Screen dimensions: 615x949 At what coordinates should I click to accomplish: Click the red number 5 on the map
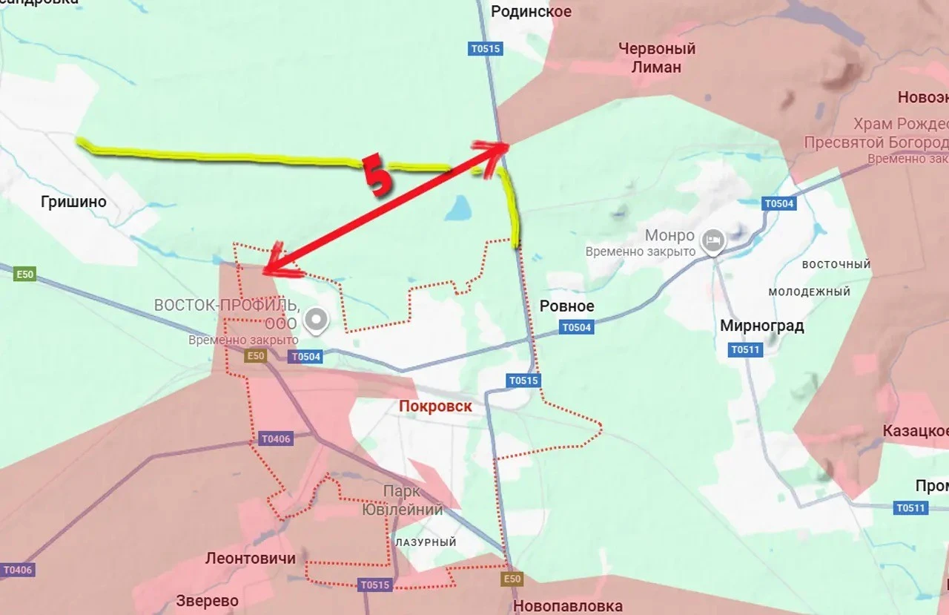click(377, 177)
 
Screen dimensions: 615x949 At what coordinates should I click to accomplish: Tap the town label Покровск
click(435, 407)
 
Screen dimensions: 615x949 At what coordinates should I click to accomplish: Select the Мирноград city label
click(761, 326)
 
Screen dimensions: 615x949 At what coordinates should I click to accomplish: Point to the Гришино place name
click(73, 202)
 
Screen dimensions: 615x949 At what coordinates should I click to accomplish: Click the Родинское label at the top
click(532, 11)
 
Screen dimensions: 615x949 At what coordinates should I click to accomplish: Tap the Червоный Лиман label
click(658, 58)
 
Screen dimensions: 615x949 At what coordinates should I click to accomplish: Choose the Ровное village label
click(566, 306)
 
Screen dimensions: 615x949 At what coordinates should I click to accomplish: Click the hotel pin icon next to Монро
click(713, 240)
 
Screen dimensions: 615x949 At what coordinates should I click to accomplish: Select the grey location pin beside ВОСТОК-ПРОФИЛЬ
click(317, 320)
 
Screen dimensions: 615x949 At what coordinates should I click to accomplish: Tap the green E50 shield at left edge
click(24, 274)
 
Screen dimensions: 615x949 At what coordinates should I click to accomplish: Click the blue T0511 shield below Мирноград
click(744, 349)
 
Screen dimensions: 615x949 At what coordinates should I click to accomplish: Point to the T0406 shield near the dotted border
click(276, 439)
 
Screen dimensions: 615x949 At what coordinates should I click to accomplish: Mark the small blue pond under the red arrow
click(457, 208)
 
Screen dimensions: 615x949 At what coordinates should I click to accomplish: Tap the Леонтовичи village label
click(250, 559)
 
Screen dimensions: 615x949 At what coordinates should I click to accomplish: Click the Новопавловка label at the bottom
click(567, 606)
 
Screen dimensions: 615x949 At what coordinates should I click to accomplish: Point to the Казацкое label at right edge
click(915, 431)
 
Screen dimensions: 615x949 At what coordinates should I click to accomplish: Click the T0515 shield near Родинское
click(486, 49)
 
